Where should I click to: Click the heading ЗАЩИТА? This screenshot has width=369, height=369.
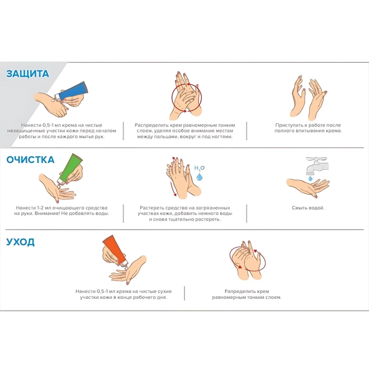28,74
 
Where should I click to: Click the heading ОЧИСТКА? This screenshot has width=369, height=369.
30,160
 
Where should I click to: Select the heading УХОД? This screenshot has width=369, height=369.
20,242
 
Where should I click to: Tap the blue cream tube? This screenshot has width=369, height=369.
72,90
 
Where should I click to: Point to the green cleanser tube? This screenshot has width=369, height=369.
70,169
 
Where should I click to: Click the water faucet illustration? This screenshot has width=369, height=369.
316,166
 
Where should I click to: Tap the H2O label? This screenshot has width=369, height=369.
199,168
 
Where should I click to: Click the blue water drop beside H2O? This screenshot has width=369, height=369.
199,177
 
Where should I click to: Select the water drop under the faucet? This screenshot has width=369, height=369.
310,179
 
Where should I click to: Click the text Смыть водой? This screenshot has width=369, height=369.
308,208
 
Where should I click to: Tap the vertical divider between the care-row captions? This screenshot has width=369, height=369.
184,293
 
